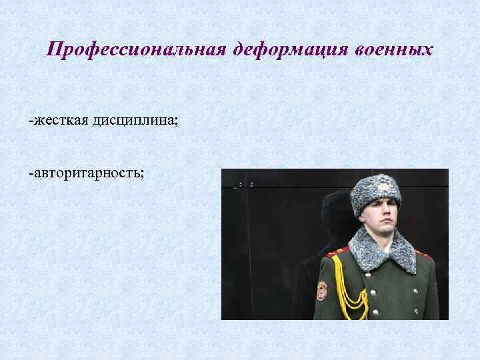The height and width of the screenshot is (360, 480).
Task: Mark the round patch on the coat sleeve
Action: (x=321, y=289)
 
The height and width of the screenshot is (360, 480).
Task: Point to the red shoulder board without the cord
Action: (x=423, y=253)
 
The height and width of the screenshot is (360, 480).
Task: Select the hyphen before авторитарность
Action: (x=30, y=173)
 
